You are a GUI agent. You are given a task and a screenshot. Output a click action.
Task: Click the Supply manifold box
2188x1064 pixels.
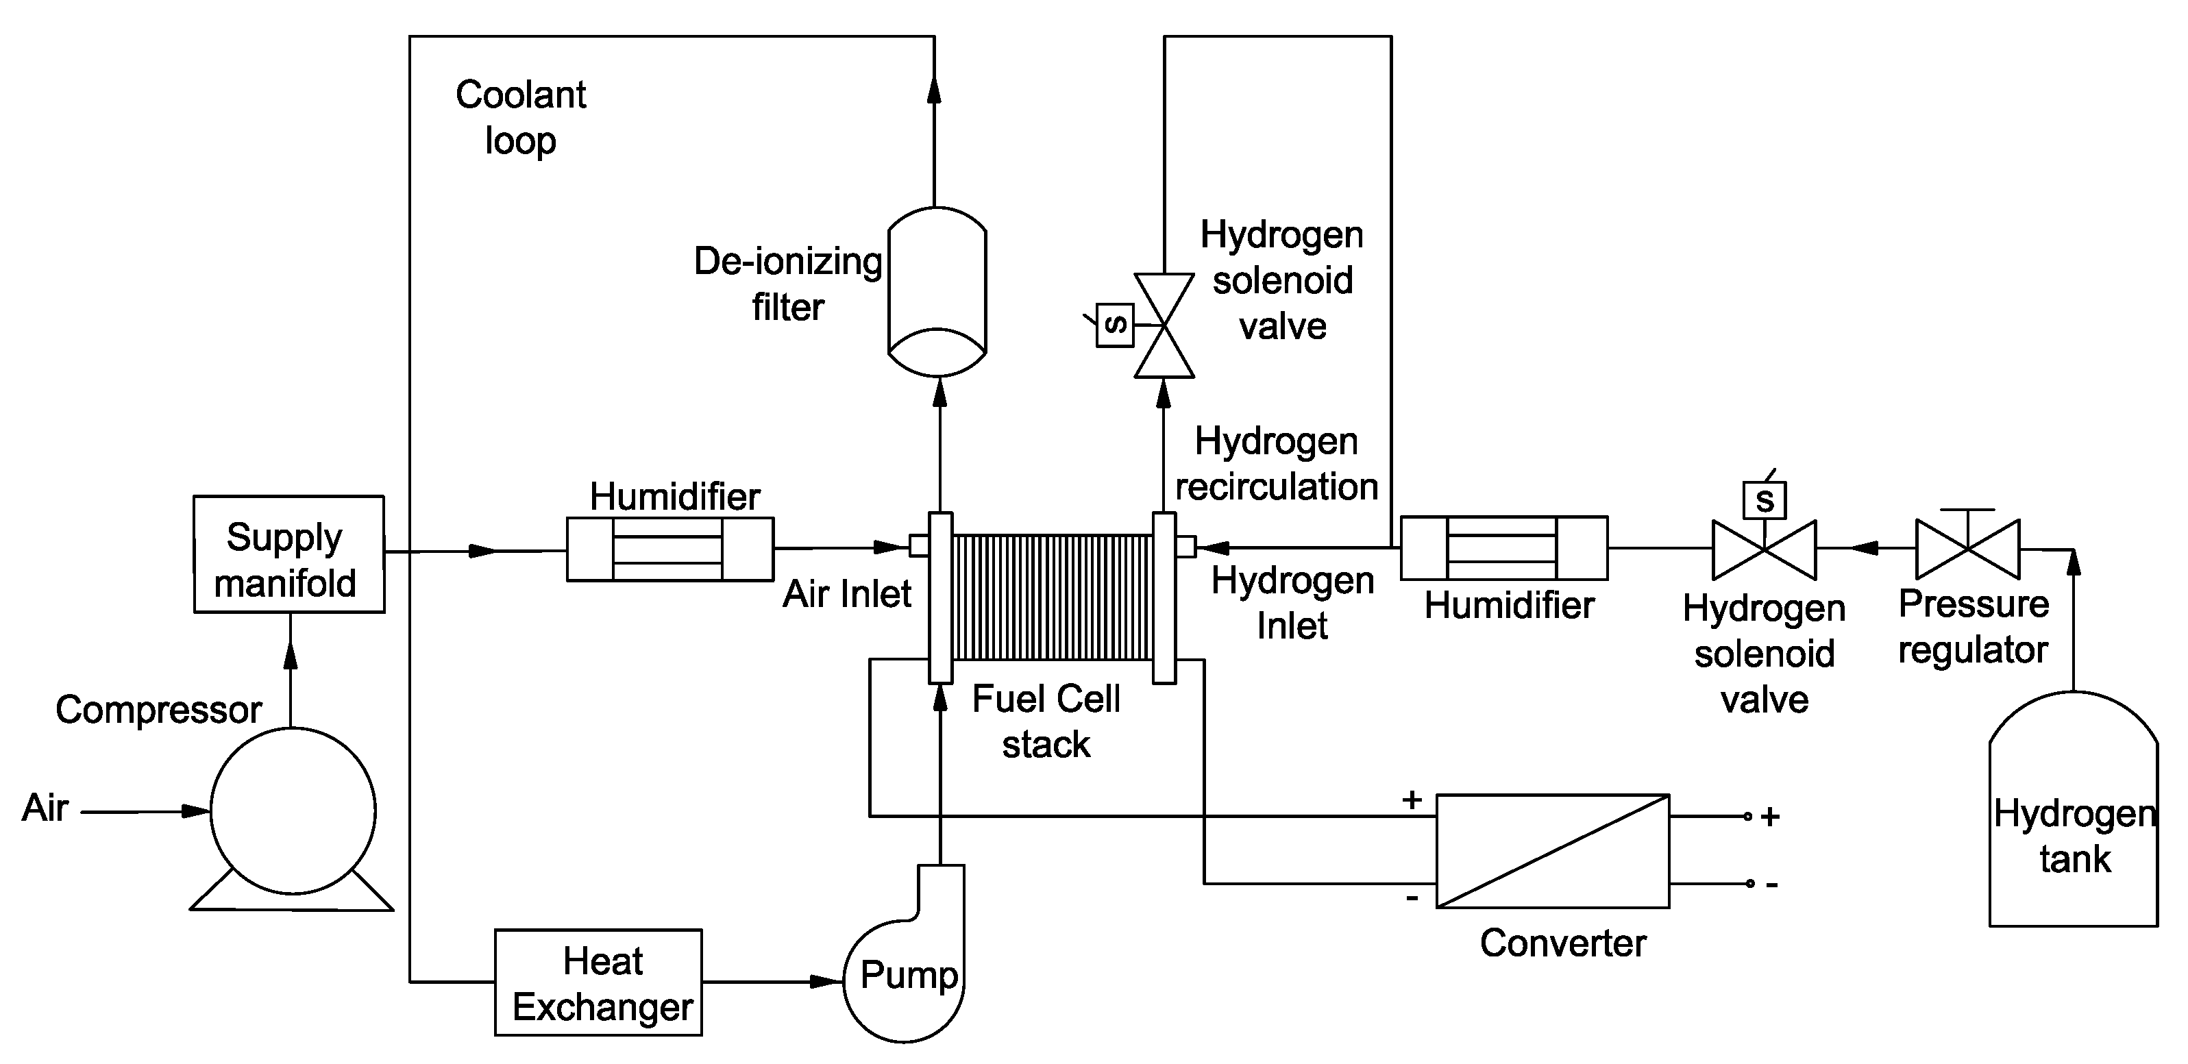coord(288,554)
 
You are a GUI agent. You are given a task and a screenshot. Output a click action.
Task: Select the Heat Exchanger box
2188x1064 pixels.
coord(598,982)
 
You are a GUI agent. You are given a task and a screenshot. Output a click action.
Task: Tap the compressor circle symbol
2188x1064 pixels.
coord(293,811)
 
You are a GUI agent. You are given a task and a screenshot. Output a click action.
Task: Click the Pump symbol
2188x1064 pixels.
coord(905,976)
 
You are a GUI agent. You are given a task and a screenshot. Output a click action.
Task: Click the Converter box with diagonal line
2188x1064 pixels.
coord(1553,851)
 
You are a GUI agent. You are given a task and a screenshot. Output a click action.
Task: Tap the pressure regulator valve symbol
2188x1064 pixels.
coord(1968,549)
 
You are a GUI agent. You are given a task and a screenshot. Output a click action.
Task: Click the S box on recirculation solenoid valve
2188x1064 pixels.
coord(1114,324)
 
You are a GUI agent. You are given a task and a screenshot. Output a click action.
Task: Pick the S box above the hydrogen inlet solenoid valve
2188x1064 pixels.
coord(1764,499)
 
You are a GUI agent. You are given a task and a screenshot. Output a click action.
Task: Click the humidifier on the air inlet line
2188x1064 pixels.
coord(669,549)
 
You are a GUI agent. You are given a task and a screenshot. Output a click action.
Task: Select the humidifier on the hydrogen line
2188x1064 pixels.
coord(1503,547)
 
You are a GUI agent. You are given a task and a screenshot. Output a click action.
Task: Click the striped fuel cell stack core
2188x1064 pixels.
coord(1053,596)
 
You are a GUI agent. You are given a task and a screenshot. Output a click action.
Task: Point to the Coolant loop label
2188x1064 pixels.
coord(520,117)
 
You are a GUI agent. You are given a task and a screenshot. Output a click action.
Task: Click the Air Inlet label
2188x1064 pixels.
coord(847,593)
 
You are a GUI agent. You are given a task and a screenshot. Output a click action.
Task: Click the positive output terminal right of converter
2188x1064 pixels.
coord(1747,816)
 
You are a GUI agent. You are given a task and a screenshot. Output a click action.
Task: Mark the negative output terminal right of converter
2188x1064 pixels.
coord(1749,884)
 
